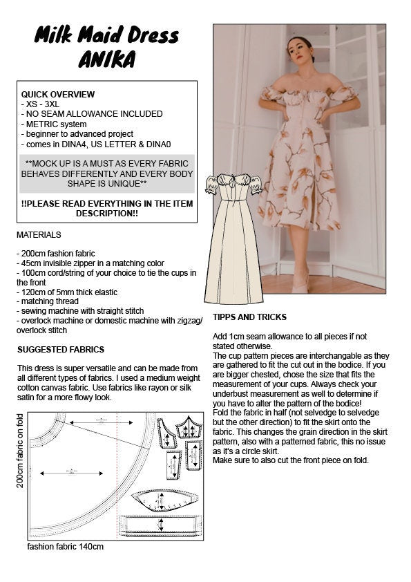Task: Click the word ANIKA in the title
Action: click(x=106, y=60)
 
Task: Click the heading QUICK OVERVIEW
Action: click(x=58, y=94)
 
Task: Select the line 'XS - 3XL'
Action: click(x=42, y=104)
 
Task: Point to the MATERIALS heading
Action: click(x=39, y=235)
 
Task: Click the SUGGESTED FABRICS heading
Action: click(x=61, y=349)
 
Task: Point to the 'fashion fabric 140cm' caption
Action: click(x=66, y=547)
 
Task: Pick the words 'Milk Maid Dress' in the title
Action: click(x=106, y=35)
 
